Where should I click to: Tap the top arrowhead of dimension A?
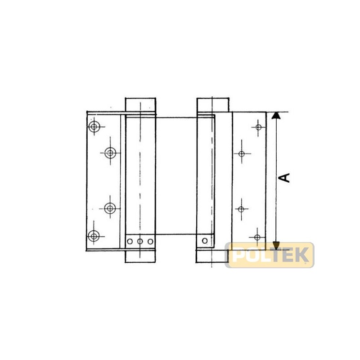click(x=276, y=116)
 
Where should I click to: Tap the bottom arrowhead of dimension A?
click(x=276, y=246)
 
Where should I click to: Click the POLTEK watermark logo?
click(x=270, y=255)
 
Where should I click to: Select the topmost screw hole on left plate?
click(x=94, y=126)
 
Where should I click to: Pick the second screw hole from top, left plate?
click(x=110, y=153)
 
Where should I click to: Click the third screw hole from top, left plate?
click(x=110, y=208)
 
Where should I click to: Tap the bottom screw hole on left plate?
click(x=94, y=236)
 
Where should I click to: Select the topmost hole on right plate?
click(x=258, y=127)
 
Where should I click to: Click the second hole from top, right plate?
click(x=241, y=153)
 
